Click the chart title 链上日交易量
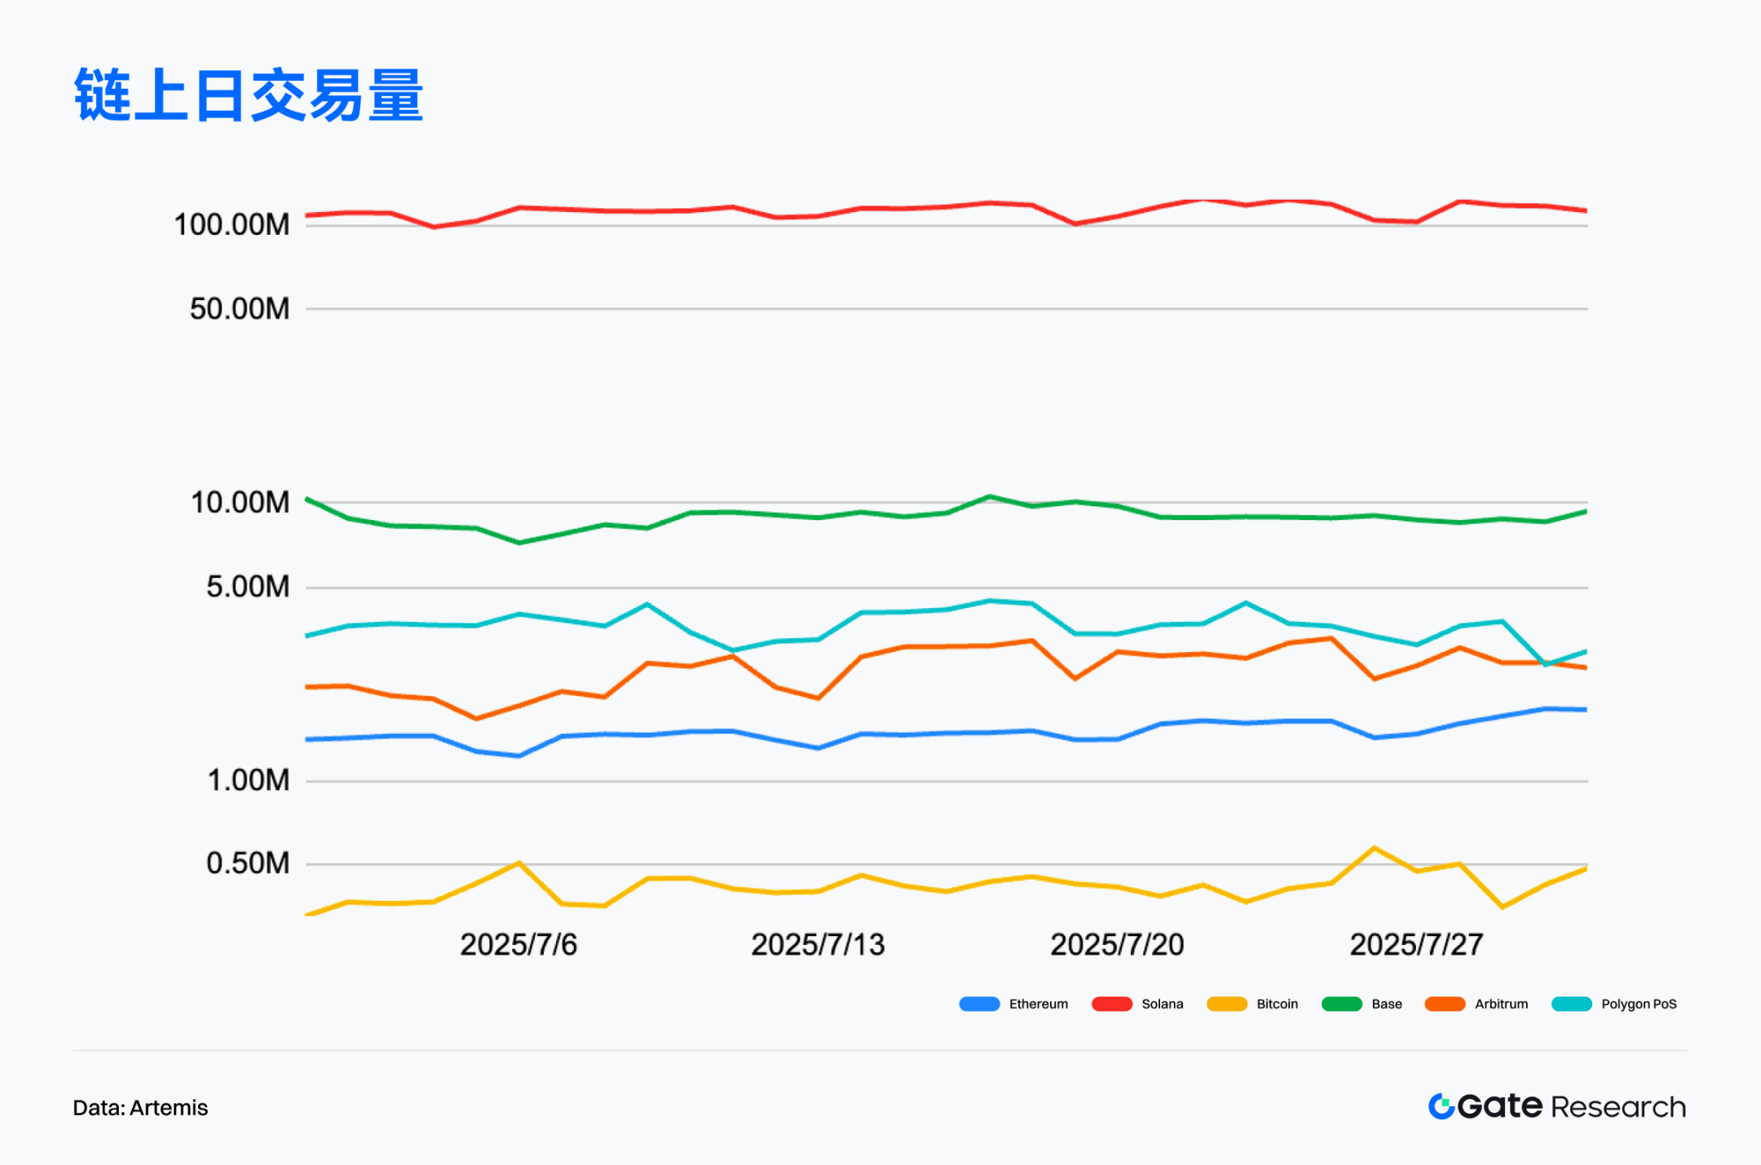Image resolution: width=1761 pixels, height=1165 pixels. point(249,95)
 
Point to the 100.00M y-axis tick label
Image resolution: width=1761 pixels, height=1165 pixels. point(232,224)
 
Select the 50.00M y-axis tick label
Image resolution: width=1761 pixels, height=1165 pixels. point(239,309)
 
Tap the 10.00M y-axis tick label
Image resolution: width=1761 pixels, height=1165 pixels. point(239,502)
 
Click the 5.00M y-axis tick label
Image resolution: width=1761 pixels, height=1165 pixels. point(247,586)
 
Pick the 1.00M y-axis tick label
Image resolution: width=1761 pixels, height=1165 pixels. point(248,780)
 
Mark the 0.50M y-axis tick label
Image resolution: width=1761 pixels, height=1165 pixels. point(247,863)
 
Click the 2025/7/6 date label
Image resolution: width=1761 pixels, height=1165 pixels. point(519,945)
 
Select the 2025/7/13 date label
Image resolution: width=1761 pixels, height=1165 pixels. point(818,945)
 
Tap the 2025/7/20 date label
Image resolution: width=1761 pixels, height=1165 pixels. point(1117,945)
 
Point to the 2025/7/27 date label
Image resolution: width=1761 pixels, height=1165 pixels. point(1416,945)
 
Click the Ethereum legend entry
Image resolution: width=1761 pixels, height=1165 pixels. point(1014,1004)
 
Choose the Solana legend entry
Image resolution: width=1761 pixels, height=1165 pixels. point(1138,1004)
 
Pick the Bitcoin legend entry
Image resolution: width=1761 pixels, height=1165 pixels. point(1253,1004)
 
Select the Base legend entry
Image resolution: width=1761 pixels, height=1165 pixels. point(1362,1004)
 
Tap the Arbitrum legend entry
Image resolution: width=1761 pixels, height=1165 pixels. point(1477,1004)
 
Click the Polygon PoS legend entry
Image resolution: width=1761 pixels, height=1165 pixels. point(1615,1004)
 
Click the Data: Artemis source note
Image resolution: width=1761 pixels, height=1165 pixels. point(140,1108)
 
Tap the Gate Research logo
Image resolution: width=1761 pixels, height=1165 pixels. point(1556,1106)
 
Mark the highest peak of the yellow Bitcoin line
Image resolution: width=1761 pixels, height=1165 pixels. point(1375,848)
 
